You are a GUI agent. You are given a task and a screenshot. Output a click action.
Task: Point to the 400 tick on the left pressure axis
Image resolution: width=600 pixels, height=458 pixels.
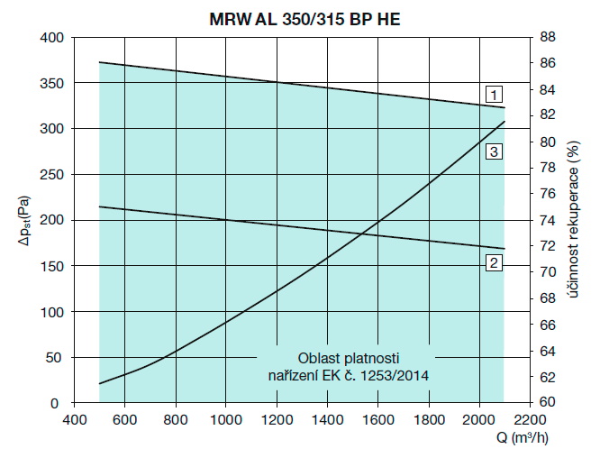click(53, 38)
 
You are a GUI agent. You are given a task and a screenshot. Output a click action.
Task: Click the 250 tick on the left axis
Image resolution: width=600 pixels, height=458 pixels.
click(53, 175)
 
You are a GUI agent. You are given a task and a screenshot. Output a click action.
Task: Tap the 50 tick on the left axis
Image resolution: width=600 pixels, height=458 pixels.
click(57, 358)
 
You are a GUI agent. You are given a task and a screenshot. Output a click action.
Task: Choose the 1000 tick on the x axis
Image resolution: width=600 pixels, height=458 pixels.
click(225, 419)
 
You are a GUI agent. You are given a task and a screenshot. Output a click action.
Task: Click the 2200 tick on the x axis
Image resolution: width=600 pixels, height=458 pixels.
click(531, 419)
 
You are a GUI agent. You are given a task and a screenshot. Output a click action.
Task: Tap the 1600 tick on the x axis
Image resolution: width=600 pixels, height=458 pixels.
click(378, 419)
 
